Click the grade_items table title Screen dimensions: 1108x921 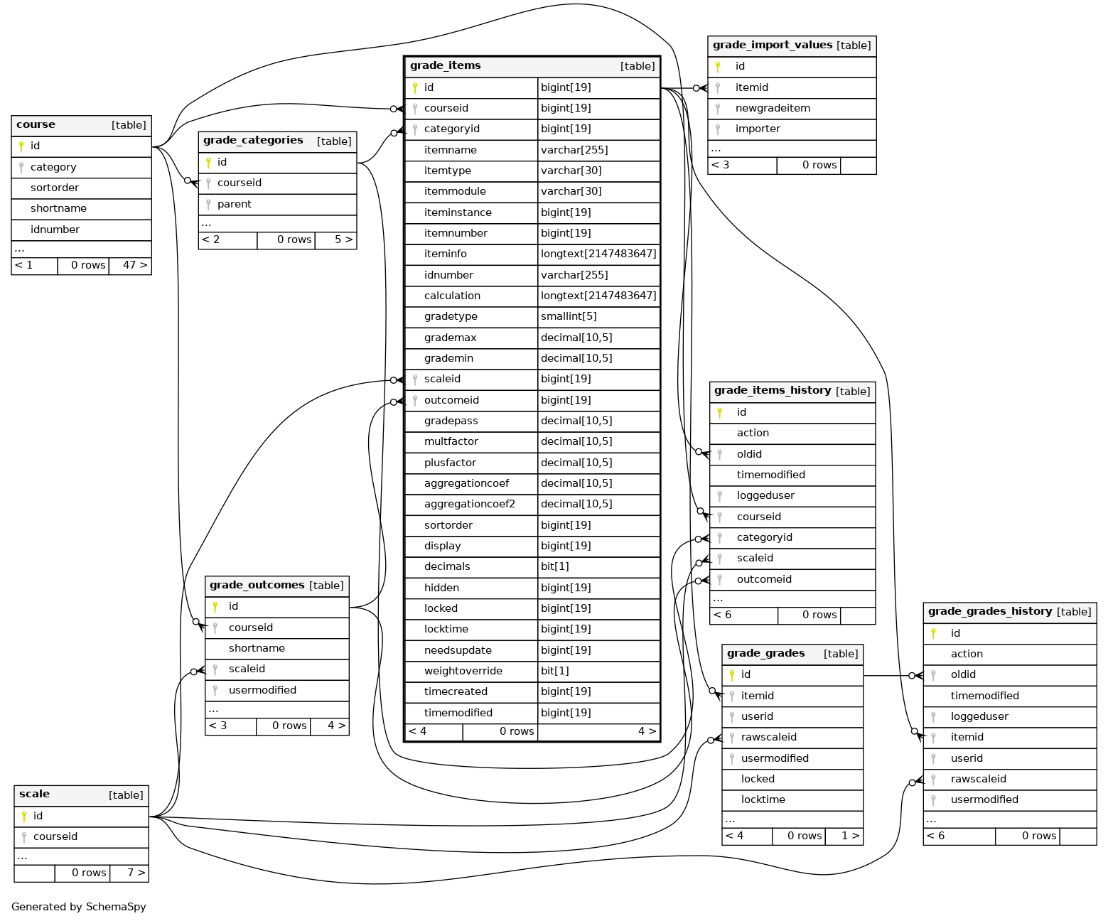445,65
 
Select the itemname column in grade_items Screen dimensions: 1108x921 450,150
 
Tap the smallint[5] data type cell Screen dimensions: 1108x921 569,316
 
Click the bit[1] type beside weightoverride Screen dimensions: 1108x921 554,671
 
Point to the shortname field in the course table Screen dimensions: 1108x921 58,208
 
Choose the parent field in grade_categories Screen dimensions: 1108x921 234,204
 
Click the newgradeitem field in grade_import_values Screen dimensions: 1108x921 772,108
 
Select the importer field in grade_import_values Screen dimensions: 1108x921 757,129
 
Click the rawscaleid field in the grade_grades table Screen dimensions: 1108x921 768,737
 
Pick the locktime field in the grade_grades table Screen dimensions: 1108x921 763,799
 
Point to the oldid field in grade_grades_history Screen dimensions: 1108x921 962,674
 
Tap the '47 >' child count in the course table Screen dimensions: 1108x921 134,265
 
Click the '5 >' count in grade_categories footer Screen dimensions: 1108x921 343,239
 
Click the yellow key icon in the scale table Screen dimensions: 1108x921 24,817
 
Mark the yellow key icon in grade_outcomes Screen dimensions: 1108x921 215,607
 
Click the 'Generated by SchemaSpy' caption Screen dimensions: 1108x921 79,907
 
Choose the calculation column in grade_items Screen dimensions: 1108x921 452,296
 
